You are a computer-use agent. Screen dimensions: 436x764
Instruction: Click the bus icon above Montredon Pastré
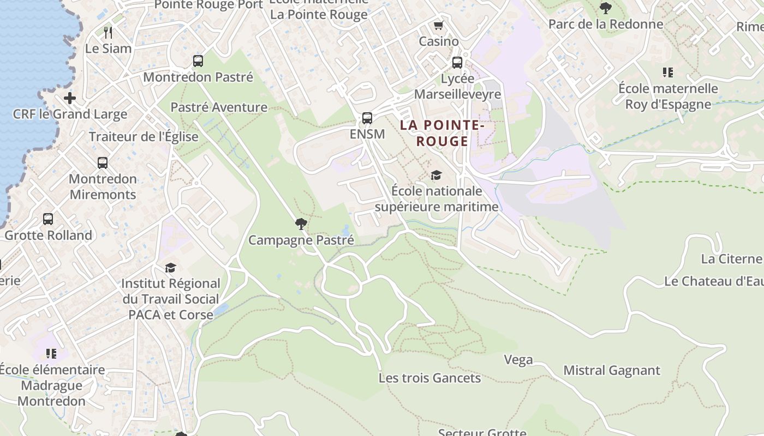(198, 61)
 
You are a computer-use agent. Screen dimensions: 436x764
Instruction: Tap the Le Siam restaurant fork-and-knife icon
(108, 32)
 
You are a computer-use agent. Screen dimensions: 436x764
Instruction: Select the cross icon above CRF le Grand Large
(70, 98)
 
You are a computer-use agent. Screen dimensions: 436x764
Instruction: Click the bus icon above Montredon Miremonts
(103, 162)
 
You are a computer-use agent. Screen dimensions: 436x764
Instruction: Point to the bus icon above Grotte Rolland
(48, 219)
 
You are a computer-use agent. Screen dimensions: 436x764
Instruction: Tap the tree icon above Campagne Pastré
(301, 223)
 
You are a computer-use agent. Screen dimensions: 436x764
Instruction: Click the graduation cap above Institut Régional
(171, 268)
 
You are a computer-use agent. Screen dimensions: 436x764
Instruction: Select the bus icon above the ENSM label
(367, 118)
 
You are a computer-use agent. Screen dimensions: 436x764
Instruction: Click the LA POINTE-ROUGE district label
(442, 133)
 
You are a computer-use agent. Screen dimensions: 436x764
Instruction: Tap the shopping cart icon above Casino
(438, 26)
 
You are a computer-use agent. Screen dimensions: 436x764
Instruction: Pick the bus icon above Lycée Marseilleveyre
(457, 63)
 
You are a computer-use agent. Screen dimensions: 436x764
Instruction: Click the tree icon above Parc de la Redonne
(605, 8)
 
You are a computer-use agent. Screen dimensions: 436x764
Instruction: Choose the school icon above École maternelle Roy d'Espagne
(668, 72)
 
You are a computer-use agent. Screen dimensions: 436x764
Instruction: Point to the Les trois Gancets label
(430, 378)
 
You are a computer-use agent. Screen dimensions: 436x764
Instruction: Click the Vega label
(518, 360)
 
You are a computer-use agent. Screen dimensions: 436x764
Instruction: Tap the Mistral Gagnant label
(612, 371)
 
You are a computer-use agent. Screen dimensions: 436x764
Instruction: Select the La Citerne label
(731, 259)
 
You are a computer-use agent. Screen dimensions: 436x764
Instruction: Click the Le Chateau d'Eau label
(713, 282)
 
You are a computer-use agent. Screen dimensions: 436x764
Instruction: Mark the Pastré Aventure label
(219, 107)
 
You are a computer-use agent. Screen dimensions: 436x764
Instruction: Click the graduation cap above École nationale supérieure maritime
(436, 175)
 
